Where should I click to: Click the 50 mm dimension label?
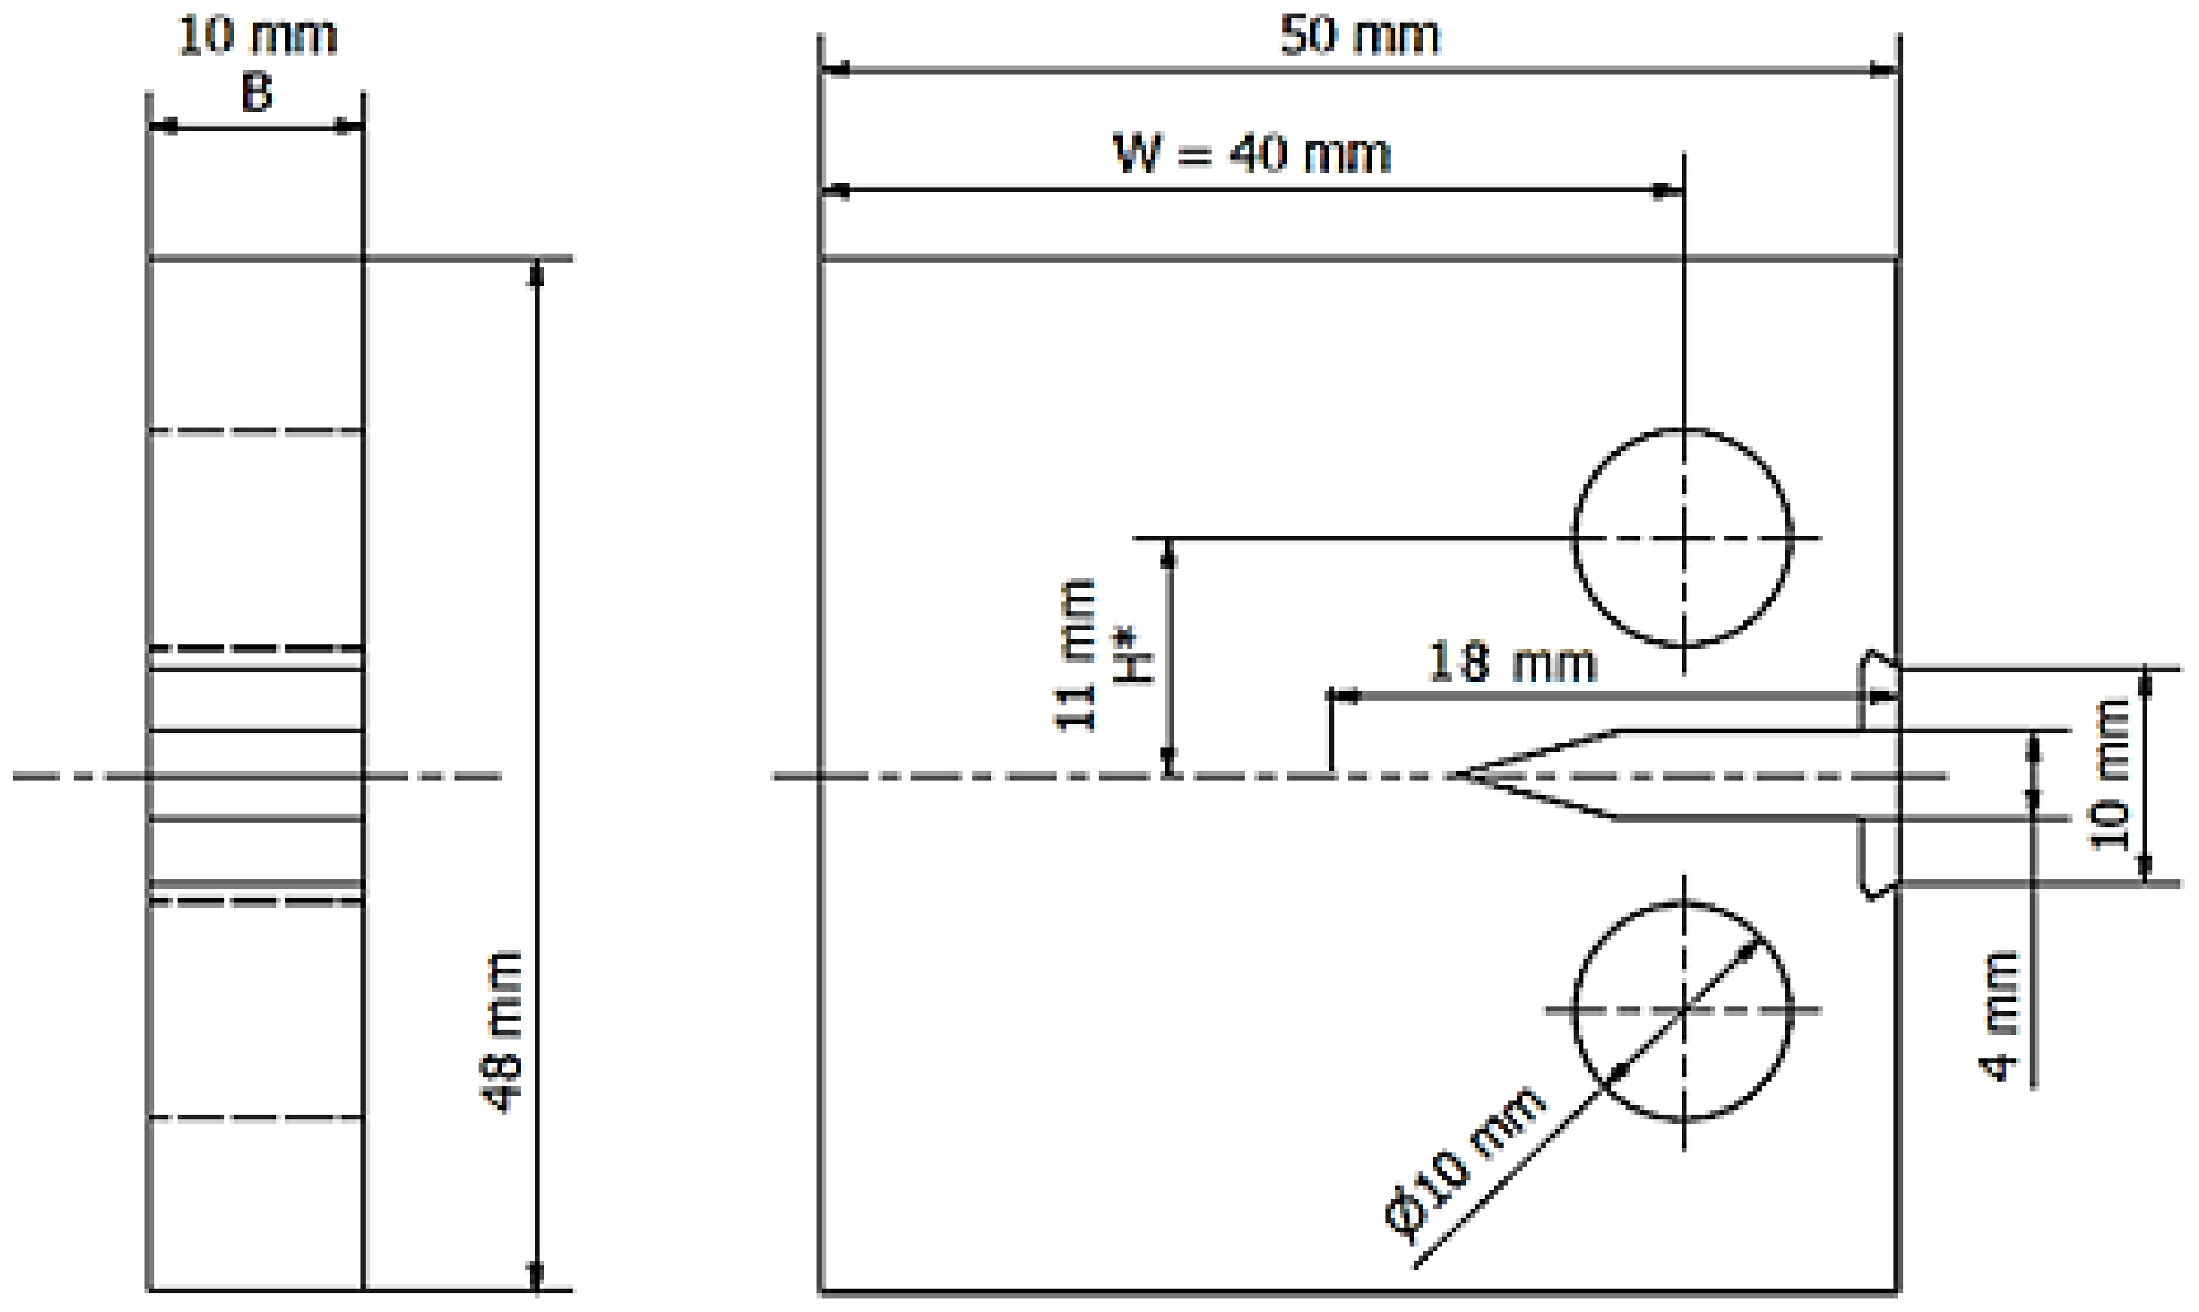tap(1359, 37)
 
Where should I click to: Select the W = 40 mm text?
tap(1252, 155)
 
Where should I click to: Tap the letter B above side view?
tap(257, 93)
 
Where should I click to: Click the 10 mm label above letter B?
tap(257, 37)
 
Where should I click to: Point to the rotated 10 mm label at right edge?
tap(2111, 775)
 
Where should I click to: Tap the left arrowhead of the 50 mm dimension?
tap(835, 70)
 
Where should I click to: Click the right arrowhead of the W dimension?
tap(1668, 190)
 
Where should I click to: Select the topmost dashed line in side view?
tap(257, 431)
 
